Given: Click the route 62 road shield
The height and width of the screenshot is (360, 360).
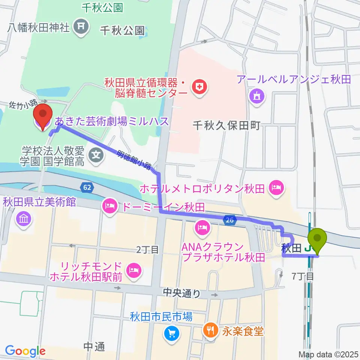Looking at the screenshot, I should click(x=87, y=186).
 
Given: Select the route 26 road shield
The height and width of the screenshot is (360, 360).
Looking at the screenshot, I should click(x=230, y=220).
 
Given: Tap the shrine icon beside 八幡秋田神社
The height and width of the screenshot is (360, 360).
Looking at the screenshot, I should click(x=81, y=26).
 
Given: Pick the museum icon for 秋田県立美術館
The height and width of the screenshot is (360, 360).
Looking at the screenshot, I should click(x=24, y=219).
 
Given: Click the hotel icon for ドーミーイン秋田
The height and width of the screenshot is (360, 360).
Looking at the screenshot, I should click(x=109, y=205).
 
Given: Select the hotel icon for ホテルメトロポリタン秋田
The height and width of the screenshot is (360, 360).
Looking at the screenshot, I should click(x=277, y=186).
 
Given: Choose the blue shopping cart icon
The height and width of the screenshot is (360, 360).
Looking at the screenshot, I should click(x=172, y=332).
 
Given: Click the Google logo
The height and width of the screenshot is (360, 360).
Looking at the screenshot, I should click(x=25, y=351).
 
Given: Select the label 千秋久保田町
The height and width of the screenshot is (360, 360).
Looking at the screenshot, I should click(x=226, y=126).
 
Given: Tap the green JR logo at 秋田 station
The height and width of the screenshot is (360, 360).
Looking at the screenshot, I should click(x=308, y=248).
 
